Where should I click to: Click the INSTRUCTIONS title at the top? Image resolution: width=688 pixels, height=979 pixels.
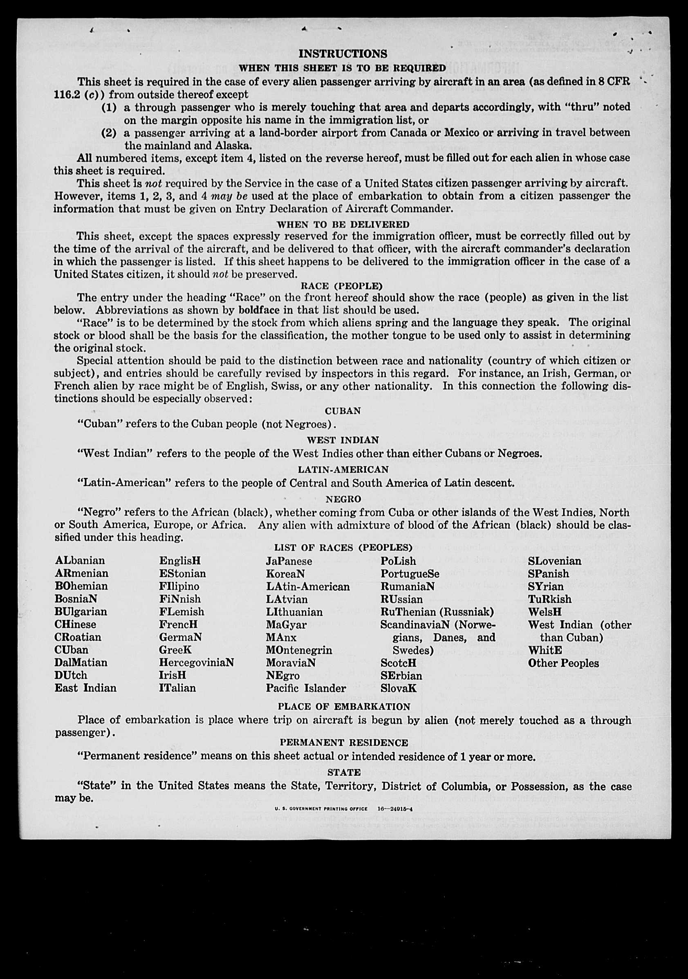[343, 54]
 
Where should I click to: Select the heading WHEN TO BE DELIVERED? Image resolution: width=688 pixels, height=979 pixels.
[343, 224]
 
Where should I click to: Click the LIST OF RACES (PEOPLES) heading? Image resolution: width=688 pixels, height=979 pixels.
[343, 548]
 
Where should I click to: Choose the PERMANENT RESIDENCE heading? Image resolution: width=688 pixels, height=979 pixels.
[343, 742]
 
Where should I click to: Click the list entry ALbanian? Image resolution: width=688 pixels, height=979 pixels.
[80, 560]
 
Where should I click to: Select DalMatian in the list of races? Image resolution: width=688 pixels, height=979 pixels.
[81, 662]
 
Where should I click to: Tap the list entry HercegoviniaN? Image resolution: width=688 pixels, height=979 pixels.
[197, 662]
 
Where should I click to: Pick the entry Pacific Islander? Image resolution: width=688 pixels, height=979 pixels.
[306, 688]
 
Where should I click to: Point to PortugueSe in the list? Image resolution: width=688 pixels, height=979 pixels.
[410, 573]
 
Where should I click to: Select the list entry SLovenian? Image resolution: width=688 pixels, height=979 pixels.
[554, 561]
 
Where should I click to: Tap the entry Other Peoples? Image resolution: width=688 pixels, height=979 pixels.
[563, 663]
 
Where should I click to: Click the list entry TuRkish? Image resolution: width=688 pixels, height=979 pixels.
[549, 599]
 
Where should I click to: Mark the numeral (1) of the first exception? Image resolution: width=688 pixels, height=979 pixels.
[109, 107]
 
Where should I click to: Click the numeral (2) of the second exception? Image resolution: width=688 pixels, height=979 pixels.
[109, 132]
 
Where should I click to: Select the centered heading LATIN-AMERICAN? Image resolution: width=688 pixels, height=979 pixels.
[343, 469]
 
